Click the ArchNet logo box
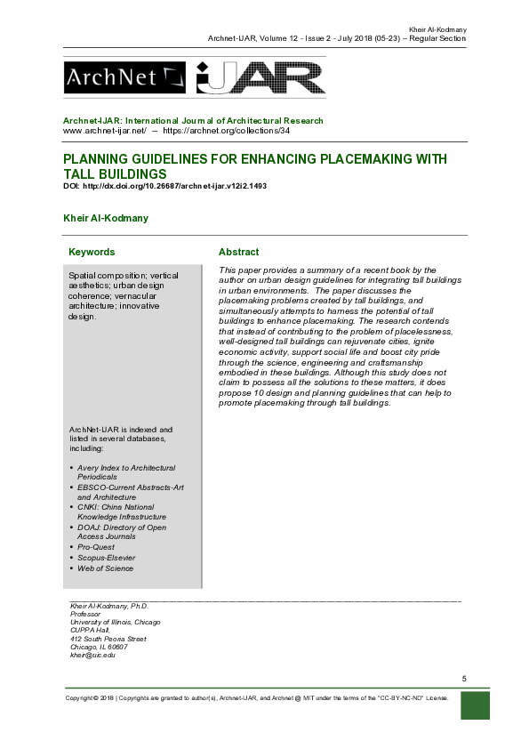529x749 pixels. click(x=124, y=77)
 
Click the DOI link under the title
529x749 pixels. click(x=164, y=187)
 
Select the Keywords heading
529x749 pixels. click(x=92, y=253)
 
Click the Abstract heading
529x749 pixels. click(x=238, y=253)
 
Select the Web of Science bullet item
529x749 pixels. click(x=105, y=568)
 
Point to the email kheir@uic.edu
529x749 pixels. click(x=92, y=656)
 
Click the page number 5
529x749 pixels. click(x=464, y=679)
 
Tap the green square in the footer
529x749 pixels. click(x=476, y=705)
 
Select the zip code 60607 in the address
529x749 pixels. click(x=116, y=647)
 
